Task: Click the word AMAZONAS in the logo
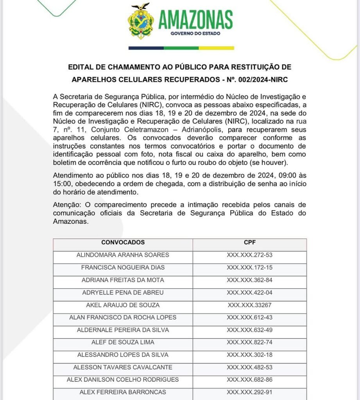point(195,19)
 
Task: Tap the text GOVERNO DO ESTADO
point(195,34)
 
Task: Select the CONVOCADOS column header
point(123,243)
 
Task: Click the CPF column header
point(249,243)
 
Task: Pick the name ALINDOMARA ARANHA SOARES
point(123,255)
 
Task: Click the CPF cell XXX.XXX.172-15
point(249,268)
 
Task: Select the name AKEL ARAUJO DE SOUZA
point(123,305)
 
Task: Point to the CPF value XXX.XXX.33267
point(249,305)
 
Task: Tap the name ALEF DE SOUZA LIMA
point(123,343)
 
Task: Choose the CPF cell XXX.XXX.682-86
point(249,380)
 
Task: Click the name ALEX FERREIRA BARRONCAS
point(123,392)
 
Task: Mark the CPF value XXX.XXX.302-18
point(249,355)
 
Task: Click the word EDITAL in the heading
point(82,67)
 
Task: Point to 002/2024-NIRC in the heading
point(267,80)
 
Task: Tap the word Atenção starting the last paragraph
point(64,205)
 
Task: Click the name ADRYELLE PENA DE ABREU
point(123,293)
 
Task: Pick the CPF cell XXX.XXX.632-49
point(249,330)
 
